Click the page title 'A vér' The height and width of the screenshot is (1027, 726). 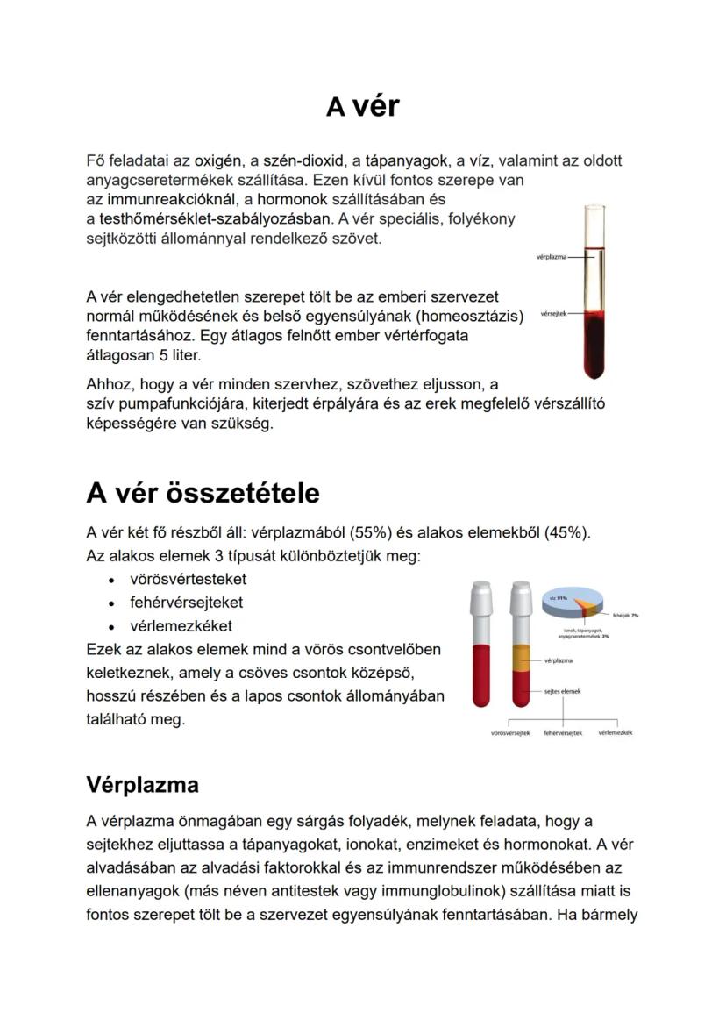coord(362,106)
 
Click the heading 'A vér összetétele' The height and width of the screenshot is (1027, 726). coord(203,493)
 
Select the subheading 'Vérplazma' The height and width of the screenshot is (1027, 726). coord(142,784)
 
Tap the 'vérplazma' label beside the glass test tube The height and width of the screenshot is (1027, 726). coord(550,257)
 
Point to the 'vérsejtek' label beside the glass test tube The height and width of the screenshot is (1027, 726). coord(552,313)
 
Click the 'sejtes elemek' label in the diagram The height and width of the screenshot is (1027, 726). coord(562,691)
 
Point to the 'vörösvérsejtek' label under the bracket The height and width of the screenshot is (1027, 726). coord(510,732)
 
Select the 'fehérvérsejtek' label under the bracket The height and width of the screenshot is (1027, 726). coord(563,732)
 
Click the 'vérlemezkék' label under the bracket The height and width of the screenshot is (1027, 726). coord(615,732)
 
